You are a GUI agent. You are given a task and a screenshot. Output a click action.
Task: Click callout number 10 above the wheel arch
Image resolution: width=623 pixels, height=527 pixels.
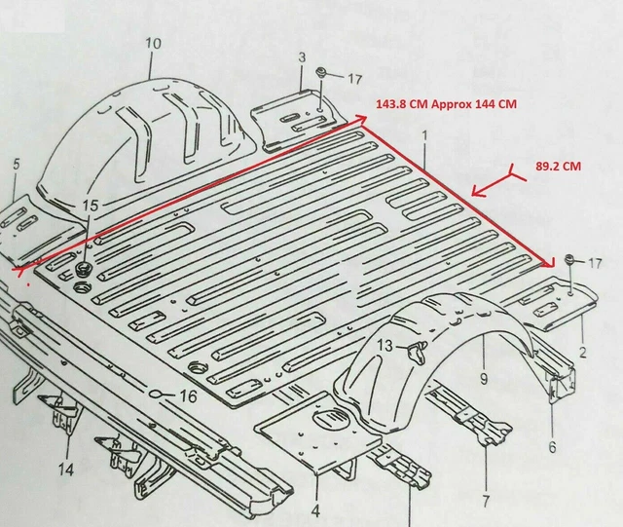(153, 43)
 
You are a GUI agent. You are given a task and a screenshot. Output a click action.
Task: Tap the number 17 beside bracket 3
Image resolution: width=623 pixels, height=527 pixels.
(354, 80)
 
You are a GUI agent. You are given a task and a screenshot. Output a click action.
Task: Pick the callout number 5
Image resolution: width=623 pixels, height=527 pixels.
(15, 164)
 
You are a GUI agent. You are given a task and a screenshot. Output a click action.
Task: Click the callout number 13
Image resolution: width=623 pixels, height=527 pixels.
(385, 346)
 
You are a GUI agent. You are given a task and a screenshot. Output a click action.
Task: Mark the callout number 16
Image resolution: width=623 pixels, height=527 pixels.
(188, 396)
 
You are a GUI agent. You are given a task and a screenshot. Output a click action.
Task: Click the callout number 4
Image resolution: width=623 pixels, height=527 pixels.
(315, 509)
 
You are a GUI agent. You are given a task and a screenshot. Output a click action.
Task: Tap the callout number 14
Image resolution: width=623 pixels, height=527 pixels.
(65, 469)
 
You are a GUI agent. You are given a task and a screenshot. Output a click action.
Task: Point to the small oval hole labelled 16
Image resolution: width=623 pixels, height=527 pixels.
(156, 395)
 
